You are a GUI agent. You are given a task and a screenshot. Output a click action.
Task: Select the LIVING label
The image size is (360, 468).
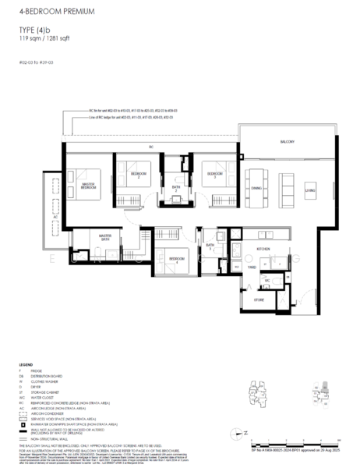(309, 188)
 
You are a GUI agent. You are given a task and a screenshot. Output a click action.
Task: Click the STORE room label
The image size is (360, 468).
(259, 298)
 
